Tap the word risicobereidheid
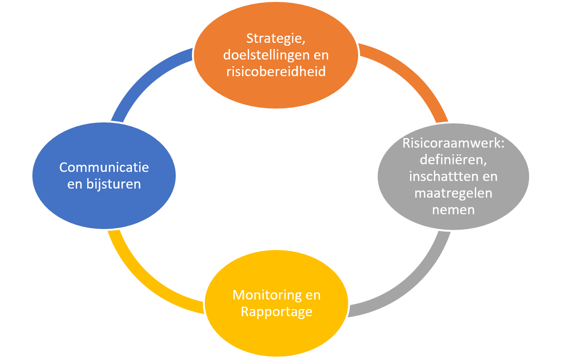point(275,71)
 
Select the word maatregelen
point(453,193)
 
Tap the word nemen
point(453,210)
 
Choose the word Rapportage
point(276,312)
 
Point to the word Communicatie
point(104,168)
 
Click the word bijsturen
point(112,184)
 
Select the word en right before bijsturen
point(74,184)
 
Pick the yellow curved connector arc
point(143,281)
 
